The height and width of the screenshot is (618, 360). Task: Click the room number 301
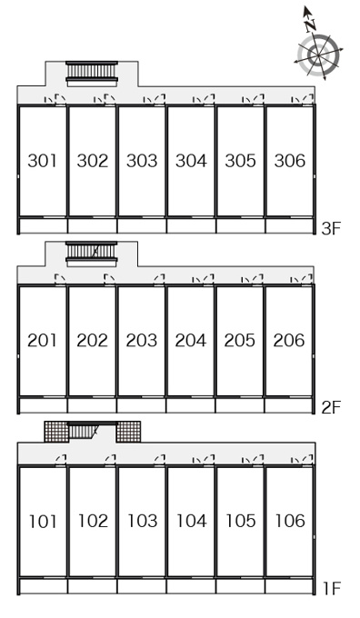coord(42,161)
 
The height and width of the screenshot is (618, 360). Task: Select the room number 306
coord(290,161)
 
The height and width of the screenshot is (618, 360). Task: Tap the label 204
coord(191,341)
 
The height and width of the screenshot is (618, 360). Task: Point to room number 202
coord(92,341)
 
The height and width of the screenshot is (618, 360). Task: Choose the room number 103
coord(142,521)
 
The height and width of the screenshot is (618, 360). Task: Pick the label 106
coord(290,521)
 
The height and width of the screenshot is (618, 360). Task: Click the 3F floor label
coord(330,229)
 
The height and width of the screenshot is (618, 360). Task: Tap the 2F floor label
coord(330,407)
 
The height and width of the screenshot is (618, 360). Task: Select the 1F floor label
coord(332,588)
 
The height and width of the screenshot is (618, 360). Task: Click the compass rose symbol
coord(318,55)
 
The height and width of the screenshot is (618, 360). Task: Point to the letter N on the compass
coord(310,25)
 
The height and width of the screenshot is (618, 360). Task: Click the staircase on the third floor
coord(92,74)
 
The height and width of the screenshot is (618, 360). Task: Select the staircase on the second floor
coord(92,254)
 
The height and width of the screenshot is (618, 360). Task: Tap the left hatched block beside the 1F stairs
coord(56,432)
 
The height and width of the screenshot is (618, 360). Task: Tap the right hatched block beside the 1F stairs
coord(128,432)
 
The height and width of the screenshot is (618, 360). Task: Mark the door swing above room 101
coord(61,460)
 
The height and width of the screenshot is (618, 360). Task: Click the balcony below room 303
coord(142,225)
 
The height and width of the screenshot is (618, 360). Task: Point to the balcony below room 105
coord(241,585)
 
